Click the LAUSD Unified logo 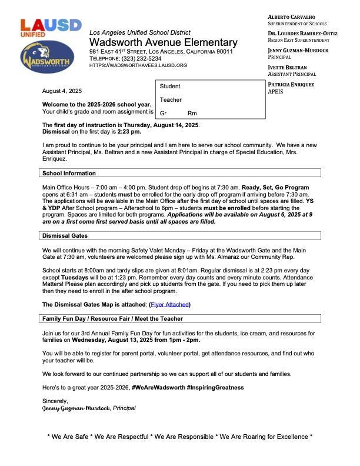point(42,28)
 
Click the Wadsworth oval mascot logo point(46,58)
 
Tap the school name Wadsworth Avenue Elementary point(163,43)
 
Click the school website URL point(138,65)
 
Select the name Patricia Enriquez point(291,85)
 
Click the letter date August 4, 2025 point(62,91)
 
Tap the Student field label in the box point(170,86)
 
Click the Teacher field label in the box point(171,100)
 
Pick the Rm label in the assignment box point(192,113)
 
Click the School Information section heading point(69,174)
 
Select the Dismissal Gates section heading point(65,236)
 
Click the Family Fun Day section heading point(112,319)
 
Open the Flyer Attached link point(169,305)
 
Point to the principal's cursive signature point(76,408)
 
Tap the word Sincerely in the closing point(55,401)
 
